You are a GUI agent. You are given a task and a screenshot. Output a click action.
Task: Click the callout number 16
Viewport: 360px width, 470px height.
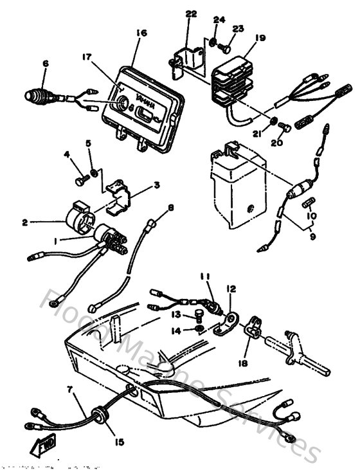(x=141, y=33)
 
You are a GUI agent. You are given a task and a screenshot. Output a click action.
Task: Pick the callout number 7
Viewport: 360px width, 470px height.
(x=70, y=390)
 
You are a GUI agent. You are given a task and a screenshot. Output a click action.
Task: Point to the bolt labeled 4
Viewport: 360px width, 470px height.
(x=80, y=181)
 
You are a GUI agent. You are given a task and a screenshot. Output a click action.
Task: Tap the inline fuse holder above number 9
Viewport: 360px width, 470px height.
(x=300, y=191)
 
